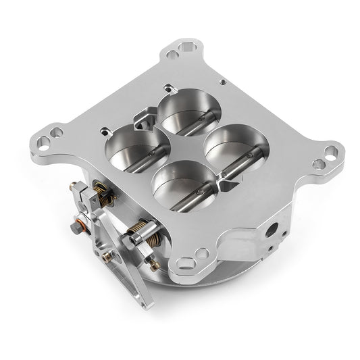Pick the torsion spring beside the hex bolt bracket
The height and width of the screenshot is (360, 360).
[103, 194]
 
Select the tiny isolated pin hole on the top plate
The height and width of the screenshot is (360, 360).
[222, 80]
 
